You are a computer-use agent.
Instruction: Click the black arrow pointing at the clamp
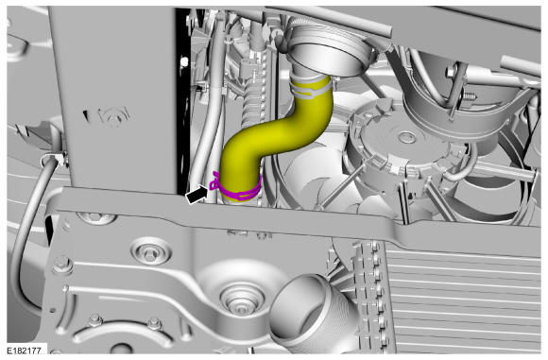click(x=197, y=194)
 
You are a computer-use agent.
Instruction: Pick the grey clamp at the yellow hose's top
click(x=310, y=88)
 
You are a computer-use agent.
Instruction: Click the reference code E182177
click(x=25, y=351)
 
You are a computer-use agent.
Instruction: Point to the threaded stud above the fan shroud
click(x=470, y=95)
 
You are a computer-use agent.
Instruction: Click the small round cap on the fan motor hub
click(x=407, y=136)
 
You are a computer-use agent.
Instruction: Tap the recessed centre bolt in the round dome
click(x=242, y=300)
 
